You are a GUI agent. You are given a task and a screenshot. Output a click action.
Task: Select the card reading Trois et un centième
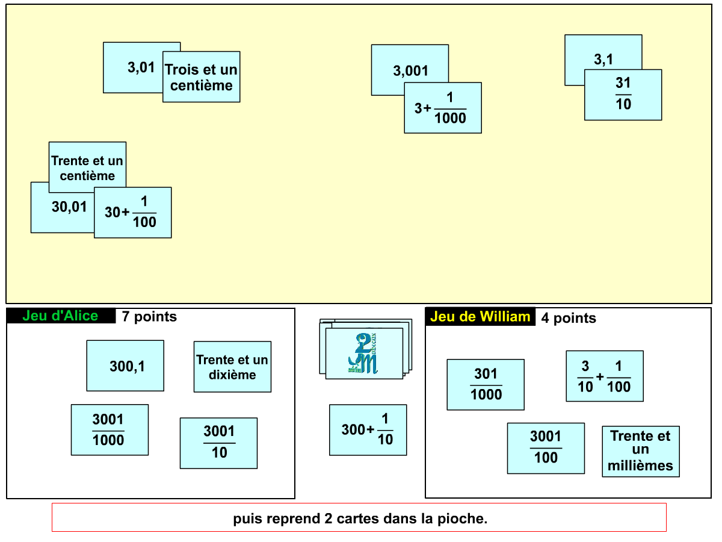pyautogui.click(x=202, y=77)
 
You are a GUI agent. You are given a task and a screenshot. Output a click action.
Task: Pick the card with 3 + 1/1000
pyautogui.click(x=443, y=108)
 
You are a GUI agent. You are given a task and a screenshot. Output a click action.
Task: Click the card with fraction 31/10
pyautogui.click(x=623, y=95)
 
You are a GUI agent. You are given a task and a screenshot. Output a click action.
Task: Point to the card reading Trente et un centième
pyautogui.click(x=87, y=167)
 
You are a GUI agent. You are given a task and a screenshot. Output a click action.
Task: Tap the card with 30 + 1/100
pyautogui.click(x=133, y=213)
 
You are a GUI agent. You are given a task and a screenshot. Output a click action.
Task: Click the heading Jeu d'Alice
pyautogui.click(x=60, y=316)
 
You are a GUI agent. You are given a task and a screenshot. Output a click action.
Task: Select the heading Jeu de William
pyautogui.click(x=480, y=317)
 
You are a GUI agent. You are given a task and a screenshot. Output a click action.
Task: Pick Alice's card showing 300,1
pyautogui.click(x=125, y=366)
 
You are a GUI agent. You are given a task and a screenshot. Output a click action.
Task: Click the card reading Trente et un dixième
pyautogui.click(x=232, y=367)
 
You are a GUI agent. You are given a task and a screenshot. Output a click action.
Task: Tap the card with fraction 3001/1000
pyautogui.click(x=110, y=430)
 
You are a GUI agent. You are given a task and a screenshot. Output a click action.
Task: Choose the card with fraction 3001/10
pyautogui.click(x=218, y=443)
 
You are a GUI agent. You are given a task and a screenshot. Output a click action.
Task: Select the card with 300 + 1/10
pyautogui.click(x=368, y=430)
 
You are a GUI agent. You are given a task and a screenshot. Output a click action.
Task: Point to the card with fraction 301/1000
pyautogui.click(x=486, y=385)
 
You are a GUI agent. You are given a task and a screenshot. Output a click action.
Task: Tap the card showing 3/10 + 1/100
pyautogui.click(x=605, y=376)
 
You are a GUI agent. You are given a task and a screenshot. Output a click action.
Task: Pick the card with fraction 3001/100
pyautogui.click(x=546, y=448)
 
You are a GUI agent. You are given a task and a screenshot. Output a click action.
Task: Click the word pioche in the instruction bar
pyautogui.click(x=466, y=519)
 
